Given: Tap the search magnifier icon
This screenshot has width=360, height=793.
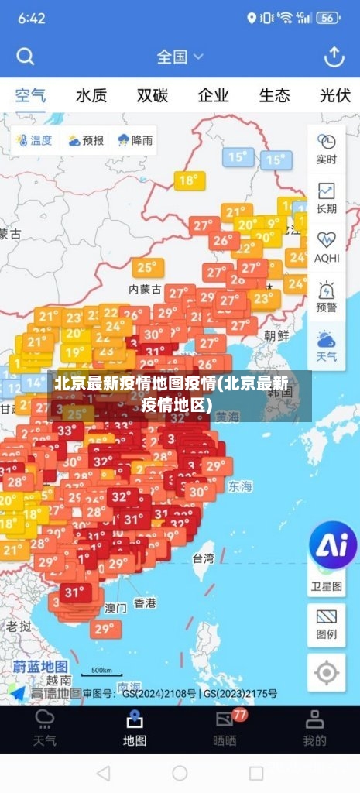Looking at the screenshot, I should tap(26, 57).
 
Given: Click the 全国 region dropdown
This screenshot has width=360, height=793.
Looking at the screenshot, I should tap(180, 57).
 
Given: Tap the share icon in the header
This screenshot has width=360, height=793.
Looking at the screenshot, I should tap(334, 57).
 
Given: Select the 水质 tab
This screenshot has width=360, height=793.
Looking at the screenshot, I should tap(91, 96).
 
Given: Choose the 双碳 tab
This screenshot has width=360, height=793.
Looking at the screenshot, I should tap(153, 96).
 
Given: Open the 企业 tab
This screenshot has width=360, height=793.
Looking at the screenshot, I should tap(213, 96).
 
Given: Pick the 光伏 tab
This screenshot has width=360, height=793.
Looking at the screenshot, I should tap(334, 96).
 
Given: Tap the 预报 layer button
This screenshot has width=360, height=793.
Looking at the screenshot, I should tap(86, 140).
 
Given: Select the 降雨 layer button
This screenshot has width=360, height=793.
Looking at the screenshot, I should tap(135, 140).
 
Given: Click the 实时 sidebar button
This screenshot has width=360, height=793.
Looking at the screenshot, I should tap(327, 149).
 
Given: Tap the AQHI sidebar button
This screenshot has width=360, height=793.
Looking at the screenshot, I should tap(327, 247).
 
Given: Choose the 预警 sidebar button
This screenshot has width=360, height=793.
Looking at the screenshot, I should tap(327, 297).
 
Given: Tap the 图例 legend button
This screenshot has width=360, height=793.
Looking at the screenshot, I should tap(327, 624).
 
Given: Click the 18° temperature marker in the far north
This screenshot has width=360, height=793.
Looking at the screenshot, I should tap(189, 180).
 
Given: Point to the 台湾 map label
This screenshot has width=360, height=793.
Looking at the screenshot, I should tap(203, 558).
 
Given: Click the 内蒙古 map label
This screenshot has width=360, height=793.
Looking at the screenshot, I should tap(145, 289).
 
